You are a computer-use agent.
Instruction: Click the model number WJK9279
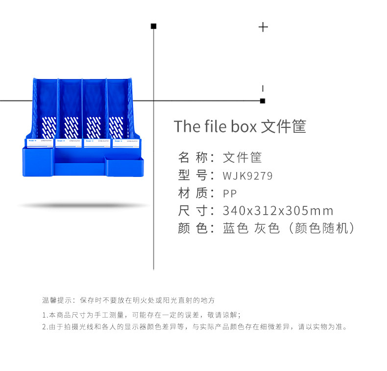[x=247, y=175]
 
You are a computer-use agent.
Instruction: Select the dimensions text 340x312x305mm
[x=278, y=211]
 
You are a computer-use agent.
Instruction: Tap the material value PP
[x=230, y=193]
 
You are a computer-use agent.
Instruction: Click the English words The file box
[x=215, y=126]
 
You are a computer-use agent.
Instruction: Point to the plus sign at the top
[x=263, y=27]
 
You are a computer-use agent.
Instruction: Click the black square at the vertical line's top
[x=153, y=26]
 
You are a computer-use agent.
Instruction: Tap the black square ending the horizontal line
[x=263, y=101]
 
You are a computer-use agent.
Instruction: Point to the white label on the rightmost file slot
[x=126, y=143]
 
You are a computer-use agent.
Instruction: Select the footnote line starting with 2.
[x=195, y=326]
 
